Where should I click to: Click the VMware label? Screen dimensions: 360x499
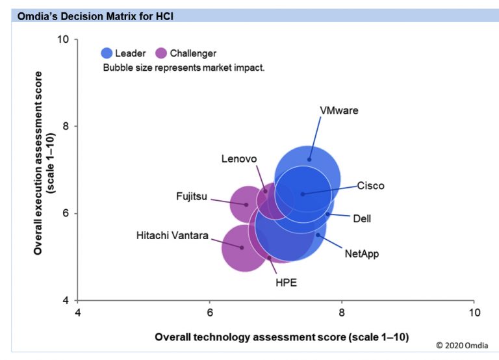coord(339,110)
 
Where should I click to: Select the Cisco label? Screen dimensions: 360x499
coord(370,186)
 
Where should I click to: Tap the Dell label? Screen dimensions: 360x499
coord(362,218)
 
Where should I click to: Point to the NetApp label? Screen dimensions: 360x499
coord(361,253)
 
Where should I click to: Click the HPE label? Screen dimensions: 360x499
coord(286,282)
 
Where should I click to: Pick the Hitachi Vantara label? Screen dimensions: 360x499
coord(172,235)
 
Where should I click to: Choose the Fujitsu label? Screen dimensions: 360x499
coord(192,196)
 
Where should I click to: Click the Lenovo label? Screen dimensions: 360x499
coord(239,159)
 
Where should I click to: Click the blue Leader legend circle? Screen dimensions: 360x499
coord(107,53)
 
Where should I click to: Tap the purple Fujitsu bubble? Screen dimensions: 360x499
coord(246,204)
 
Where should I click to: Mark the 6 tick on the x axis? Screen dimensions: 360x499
coord(210,313)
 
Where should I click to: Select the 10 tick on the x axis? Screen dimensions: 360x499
coord(474,313)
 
